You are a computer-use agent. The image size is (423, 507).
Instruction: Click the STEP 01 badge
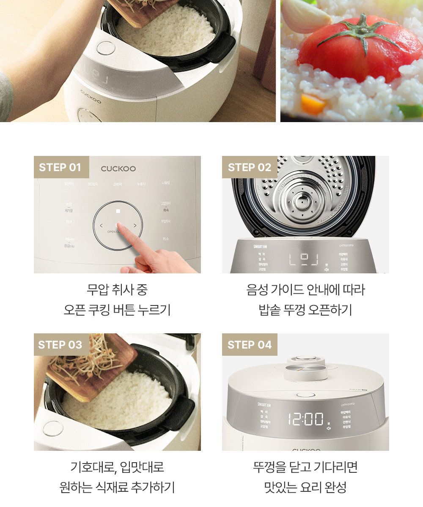(x=60, y=167)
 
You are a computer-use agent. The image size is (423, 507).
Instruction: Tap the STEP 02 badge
(x=250, y=167)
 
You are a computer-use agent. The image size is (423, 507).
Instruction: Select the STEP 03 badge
(x=60, y=345)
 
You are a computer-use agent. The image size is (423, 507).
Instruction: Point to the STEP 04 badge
(x=250, y=345)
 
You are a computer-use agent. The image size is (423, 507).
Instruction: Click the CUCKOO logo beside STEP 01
(x=118, y=169)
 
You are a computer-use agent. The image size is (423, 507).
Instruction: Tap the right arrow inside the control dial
(x=135, y=226)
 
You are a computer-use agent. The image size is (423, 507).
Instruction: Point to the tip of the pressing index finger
(x=118, y=226)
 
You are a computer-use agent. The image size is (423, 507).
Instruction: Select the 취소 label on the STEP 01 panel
(x=165, y=239)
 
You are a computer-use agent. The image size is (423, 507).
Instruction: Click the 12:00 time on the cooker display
(x=305, y=419)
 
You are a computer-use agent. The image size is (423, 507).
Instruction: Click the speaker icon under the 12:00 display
(x=328, y=428)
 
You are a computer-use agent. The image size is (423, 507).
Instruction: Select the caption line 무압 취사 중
(x=117, y=290)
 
